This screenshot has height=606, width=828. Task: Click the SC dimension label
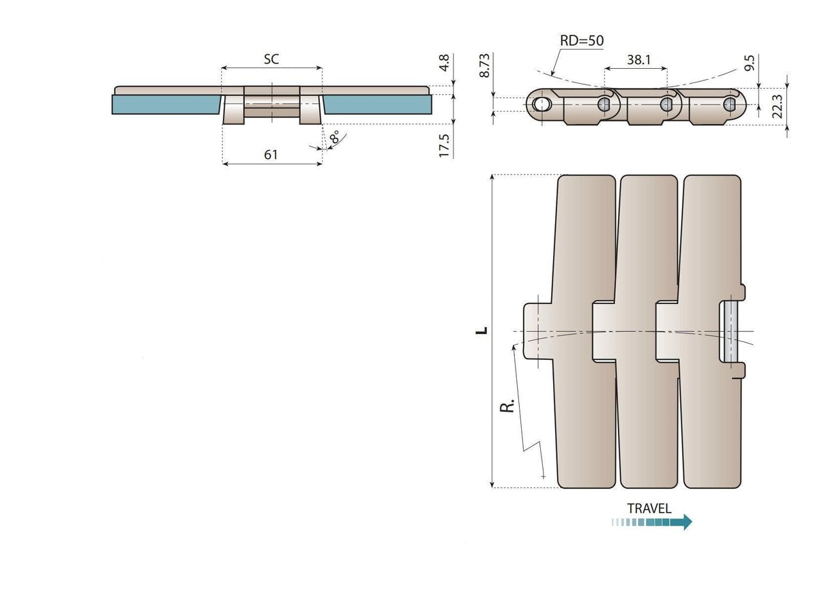tap(271, 59)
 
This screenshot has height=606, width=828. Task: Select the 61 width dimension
tap(271, 155)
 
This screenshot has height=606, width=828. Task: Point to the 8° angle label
tap(335, 138)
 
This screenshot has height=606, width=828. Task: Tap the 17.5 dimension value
tap(444, 146)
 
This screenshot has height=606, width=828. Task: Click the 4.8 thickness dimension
tap(444, 63)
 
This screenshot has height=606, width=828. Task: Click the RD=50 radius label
tap(581, 40)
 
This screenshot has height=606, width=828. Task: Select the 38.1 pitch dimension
tap(638, 60)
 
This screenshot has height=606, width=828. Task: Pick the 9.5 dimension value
tap(749, 64)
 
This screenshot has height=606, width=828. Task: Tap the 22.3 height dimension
tap(777, 106)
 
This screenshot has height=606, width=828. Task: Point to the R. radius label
tap(507, 407)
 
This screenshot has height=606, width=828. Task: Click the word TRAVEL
tap(649, 509)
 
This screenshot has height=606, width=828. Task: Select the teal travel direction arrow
tap(652, 522)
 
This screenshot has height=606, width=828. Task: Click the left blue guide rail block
tap(165, 104)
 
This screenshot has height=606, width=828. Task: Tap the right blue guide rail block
tap(377, 104)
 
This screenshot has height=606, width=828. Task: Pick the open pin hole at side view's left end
tap(542, 104)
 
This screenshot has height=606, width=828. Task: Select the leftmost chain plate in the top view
tap(587, 245)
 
